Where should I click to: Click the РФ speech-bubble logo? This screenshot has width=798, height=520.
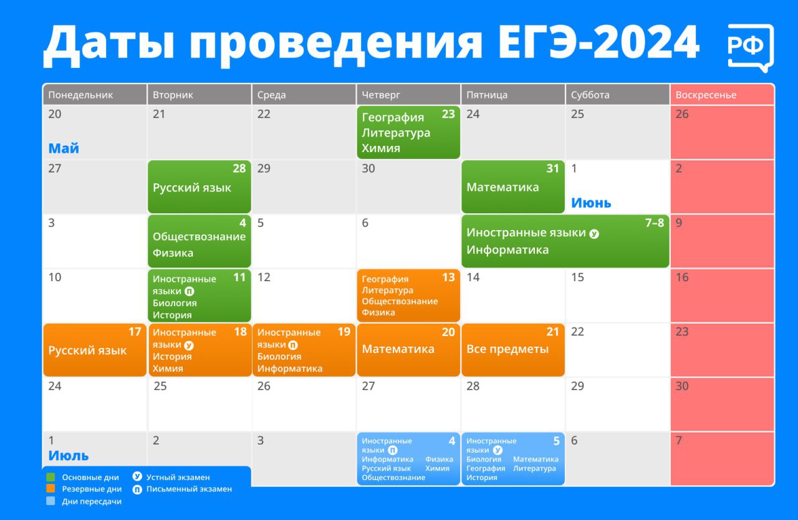pyautogui.click(x=751, y=47)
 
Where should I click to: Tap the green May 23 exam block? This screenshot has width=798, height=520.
pyautogui.click(x=408, y=132)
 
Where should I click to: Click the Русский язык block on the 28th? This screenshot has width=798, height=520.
pyautogui.click(x=199, y=187)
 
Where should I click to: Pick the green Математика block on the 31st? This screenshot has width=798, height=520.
pyautogui.click(x=512, y=187)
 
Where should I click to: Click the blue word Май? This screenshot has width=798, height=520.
pyautogui.click(x=64, y=148)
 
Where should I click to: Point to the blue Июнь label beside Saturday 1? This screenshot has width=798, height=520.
pyautogui.click(x=591, y=203)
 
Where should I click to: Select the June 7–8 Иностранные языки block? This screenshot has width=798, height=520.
pyautogui.click(x=565, y=241)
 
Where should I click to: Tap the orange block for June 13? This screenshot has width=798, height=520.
pyautogui.click(x=408, y=296)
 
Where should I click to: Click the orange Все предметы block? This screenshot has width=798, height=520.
pyautogui.click(x=512, y=350)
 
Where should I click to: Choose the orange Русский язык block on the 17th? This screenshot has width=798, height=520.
pyautogui.click(x=94, y=350)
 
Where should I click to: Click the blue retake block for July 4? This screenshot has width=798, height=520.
pyautogui.click(x=408, y=459)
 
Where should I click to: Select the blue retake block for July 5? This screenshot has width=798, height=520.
pyautogui.click(x=512, y=459)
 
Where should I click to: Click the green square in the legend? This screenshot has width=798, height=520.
pyautogui.click(x=51, y=477)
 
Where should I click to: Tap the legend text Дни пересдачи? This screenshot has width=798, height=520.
pyautogui.click(x=92, y=501)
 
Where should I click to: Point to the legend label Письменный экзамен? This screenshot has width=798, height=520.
pyautogui.click(x=189, y=489)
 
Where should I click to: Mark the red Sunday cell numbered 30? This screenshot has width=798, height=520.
pyautogui.click(x=722, y=403)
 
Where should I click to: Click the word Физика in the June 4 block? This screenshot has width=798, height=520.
pyautogui.click(x=173, y=253)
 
